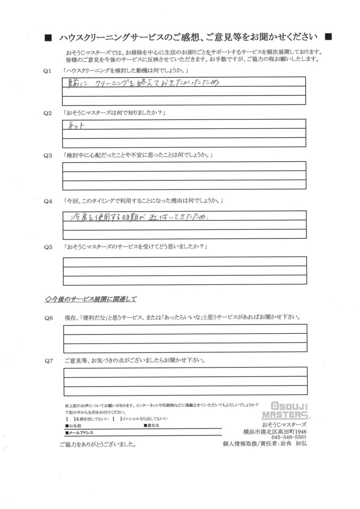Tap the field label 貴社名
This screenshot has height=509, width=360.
click(x=153, y=425)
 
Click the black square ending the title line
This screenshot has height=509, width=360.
click(x=328, y=37)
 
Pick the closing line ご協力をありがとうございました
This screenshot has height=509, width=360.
click(x=98, y=445)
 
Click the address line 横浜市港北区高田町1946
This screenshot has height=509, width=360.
click(x=278, y=431)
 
